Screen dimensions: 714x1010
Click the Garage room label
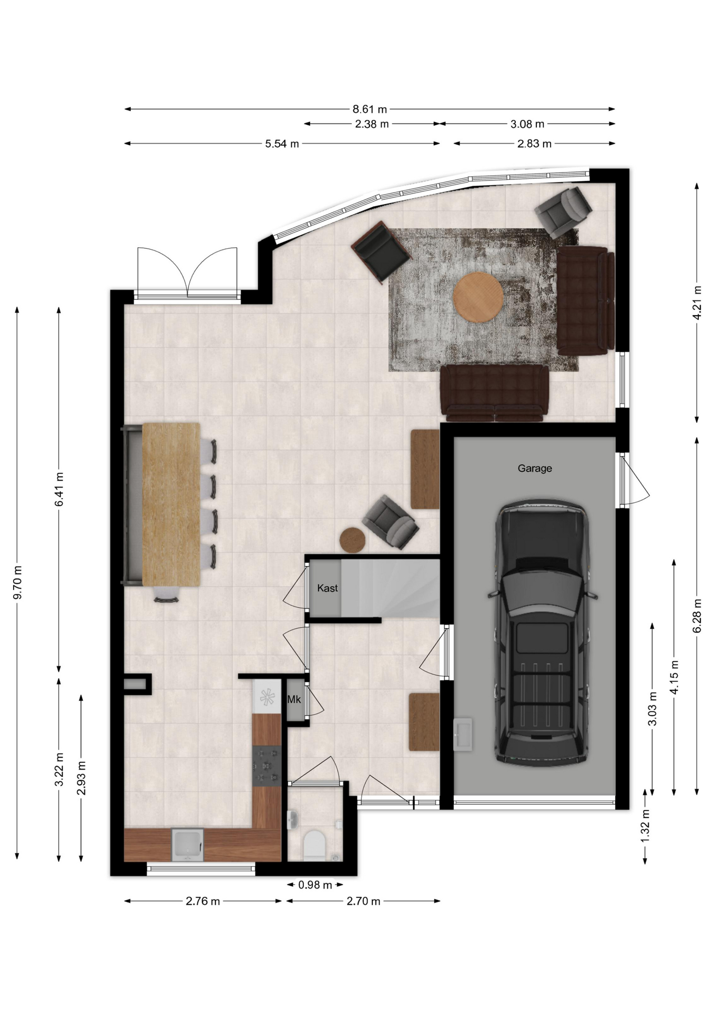coord(535,468)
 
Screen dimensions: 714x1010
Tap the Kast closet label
coord(327,588)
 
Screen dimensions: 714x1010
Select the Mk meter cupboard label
coord(294,699)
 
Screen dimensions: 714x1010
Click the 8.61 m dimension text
coord(370,109)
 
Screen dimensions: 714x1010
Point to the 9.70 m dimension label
coord(18,582)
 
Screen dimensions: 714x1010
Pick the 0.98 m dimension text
coord(315,885)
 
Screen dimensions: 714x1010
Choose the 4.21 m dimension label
coord(697,302)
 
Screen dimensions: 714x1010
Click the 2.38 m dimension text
coord(372,124)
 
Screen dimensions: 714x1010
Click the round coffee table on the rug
coord(478,297)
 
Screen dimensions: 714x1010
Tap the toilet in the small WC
coord(314,844)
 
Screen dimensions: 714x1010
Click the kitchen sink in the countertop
coord(188,844)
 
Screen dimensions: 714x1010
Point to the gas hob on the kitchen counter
coord(267,766)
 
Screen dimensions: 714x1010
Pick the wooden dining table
coord(171,504)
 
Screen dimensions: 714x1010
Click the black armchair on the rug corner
coord(381,252)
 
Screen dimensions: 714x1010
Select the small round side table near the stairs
coord(352,540)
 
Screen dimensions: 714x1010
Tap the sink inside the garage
coord(463,734)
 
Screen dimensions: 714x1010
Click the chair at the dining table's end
coord(166,594)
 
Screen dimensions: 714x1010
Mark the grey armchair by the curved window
coord(563,211)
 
